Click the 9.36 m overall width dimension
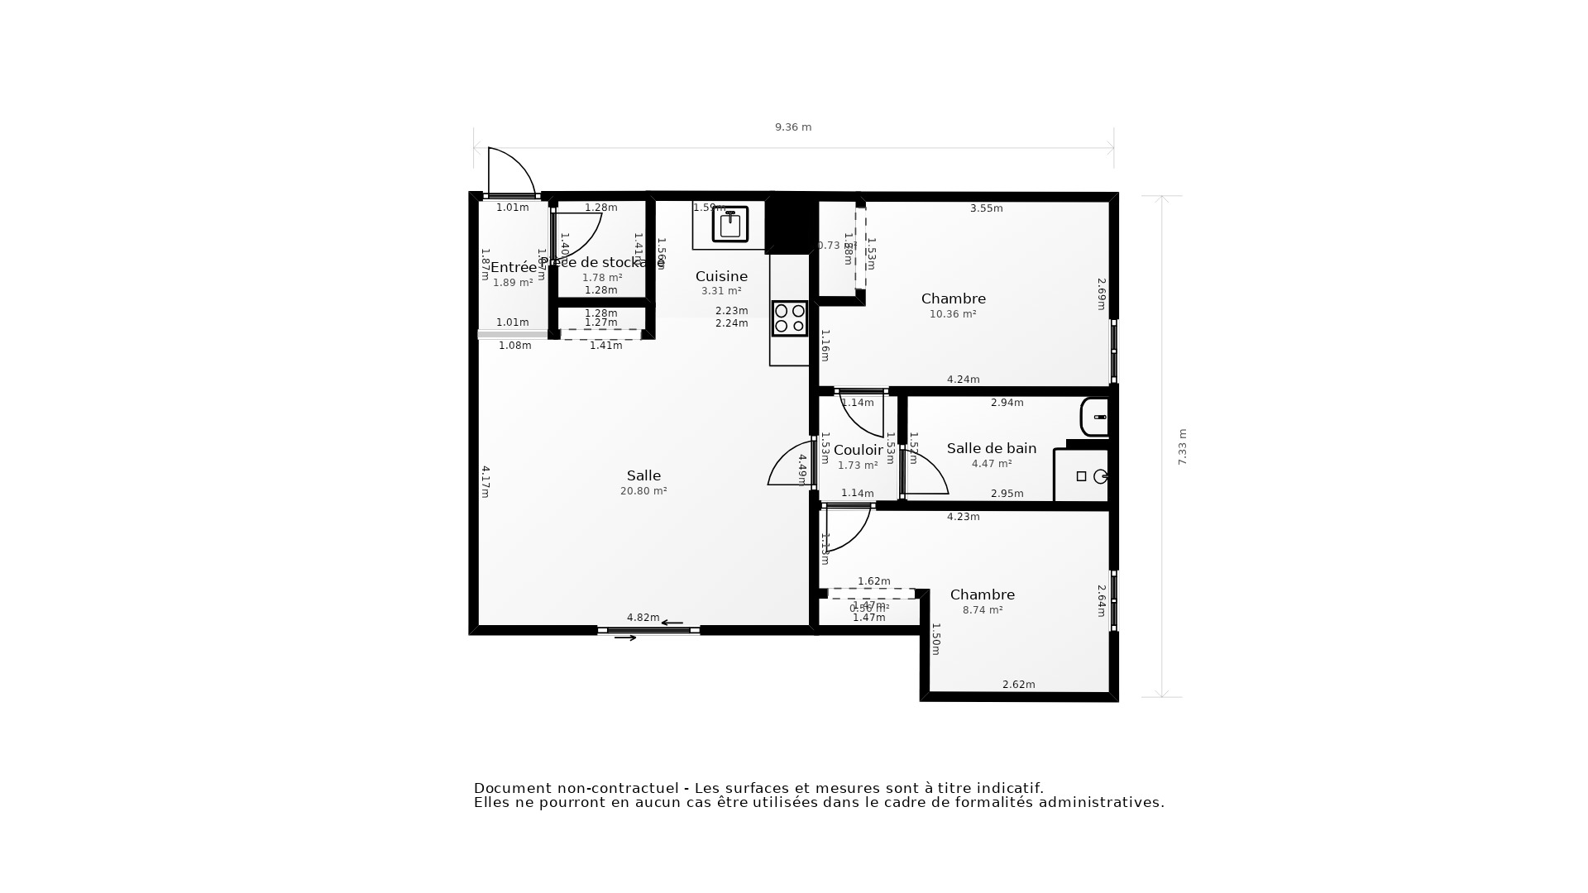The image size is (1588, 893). (x=792, y=127)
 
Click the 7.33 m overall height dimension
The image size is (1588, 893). (x=1183, y=446)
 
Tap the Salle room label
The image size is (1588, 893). (x=643, y=475)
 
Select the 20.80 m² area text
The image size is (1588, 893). (x=643, y=491)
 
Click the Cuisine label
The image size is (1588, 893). (x=721, y=276)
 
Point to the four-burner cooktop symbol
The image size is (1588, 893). (x=789, y=318)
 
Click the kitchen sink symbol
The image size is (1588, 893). (x=730, y=224)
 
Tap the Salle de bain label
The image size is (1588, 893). (x=991, y=448)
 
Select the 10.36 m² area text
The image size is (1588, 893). (x=953, y=314)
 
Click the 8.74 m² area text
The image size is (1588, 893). (x=983, y=610)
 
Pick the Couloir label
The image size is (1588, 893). (x=858, y=450)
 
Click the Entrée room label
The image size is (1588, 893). (x=513, y=267)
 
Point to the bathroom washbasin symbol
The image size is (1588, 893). (x=1095, y=417)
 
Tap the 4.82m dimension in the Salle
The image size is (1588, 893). (x=643, y=618)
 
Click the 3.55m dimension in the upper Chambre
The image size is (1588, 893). (x=986, y=208)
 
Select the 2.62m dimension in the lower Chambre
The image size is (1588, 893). (x=1018, y=685)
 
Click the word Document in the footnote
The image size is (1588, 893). (x=512, y=788)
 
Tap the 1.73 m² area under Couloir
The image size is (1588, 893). (x=858, y=466)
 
